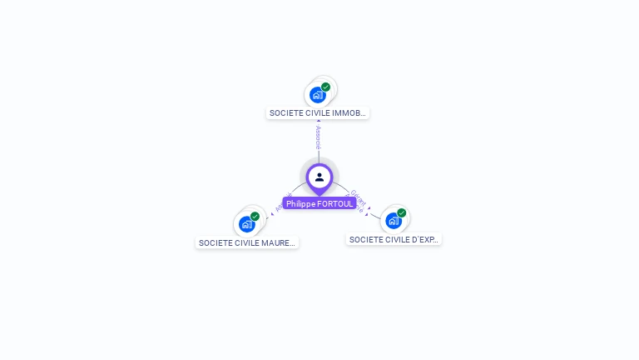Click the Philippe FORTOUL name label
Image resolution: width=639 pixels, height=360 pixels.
click(x=319, y=203)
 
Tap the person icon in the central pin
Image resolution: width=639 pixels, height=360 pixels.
click(x=319, y=177)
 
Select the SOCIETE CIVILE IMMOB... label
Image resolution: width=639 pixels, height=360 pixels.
click(x=318, y=113)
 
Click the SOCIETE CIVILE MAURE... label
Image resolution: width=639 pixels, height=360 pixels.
click(x=247, y=243)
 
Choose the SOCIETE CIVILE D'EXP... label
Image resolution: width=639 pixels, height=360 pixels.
click(x=394, y=240)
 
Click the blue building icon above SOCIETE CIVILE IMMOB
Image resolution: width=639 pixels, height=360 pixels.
click(x=317, y=95)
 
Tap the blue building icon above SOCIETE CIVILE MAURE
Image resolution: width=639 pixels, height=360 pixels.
click(x=246, y=224)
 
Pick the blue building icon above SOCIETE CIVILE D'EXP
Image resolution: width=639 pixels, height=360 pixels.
click(x=393, y=221)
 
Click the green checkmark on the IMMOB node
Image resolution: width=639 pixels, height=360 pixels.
click(x=325, y=87)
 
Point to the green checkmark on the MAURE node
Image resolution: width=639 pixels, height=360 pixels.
click(x=255, y=217)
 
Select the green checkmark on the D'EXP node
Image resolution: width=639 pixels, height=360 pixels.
click(x=401, y=213)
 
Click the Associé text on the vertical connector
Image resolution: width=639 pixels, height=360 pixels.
click(x=318, y=137)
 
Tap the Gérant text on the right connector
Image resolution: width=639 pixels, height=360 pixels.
click(x=359, y=197)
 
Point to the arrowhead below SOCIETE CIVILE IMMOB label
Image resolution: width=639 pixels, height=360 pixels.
click(x=318, y=121)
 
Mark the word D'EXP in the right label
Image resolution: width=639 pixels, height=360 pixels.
click(x=426, y=240)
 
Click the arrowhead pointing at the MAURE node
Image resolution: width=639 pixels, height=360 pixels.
click(x=270, y=215)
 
